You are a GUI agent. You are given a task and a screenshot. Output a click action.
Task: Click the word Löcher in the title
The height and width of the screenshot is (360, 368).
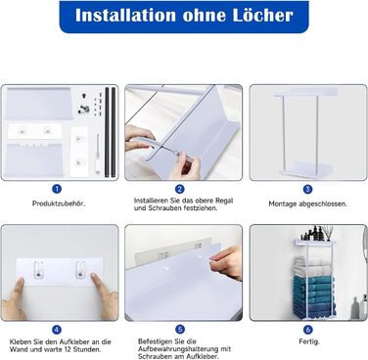262,15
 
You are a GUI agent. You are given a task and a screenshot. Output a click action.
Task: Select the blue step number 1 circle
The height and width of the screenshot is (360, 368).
57,189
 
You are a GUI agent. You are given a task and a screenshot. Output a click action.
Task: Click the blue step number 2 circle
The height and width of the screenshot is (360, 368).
179,189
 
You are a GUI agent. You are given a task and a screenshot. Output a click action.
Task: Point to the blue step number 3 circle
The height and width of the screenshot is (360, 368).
307,189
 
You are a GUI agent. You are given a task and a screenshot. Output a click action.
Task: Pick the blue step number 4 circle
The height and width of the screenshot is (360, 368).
57,330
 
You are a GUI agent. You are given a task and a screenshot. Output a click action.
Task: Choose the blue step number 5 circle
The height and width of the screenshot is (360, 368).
180,330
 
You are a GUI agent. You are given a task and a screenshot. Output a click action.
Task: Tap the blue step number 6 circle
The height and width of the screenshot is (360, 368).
308,330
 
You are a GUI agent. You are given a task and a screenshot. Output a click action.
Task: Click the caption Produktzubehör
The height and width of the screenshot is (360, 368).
59,203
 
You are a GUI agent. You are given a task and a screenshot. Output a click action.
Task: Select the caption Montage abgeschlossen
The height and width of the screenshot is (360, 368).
307,204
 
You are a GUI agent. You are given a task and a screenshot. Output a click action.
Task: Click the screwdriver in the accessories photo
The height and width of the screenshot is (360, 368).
98,154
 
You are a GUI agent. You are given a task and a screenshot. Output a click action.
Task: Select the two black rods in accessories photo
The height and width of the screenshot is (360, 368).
110,132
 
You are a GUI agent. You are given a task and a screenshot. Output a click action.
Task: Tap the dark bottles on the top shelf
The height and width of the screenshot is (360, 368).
313,234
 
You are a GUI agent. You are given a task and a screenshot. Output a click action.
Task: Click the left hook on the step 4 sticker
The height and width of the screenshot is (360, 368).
39,269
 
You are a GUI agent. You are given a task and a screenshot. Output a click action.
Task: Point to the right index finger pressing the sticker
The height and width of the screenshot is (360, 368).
97,283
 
